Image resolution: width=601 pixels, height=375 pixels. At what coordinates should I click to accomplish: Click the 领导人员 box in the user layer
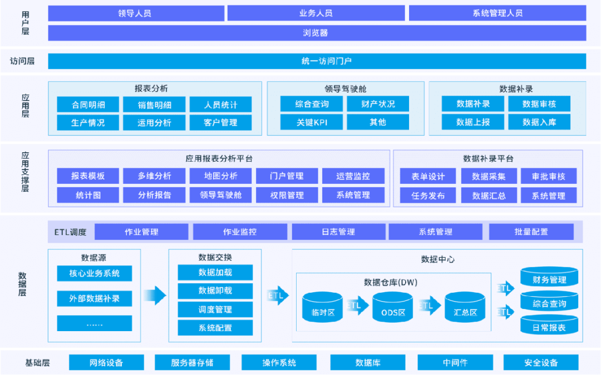point(136,13)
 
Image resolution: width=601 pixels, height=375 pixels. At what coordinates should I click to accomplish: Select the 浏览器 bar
point(317,33)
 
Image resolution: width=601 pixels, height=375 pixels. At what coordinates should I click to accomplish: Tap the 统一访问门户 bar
point(317,61)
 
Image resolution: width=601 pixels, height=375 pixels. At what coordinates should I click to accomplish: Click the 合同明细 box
point(88,104)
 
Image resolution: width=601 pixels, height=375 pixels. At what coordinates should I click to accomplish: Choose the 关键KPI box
point(312,122)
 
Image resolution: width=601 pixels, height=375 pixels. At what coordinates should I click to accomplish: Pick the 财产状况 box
point(378,104)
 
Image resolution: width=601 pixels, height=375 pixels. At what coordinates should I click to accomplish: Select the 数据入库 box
point(539,122)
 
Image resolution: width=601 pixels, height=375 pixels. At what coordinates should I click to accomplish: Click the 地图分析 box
point(220,176)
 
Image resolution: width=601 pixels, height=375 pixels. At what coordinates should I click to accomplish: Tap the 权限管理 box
point(287,195)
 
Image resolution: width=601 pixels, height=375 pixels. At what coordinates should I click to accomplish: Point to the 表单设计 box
point(428,177)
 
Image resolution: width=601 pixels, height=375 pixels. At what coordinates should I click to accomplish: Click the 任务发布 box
point(428,196)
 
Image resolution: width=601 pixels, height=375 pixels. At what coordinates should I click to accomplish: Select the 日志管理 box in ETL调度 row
point(338,232)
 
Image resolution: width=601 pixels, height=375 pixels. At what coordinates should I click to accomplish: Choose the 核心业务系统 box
point(94,273)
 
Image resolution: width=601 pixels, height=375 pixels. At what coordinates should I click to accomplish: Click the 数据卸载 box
point(215,291)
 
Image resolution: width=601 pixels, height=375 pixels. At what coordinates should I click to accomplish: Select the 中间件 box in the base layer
point(455,363)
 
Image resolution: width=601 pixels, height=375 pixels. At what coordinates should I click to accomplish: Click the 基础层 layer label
point(37,363)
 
